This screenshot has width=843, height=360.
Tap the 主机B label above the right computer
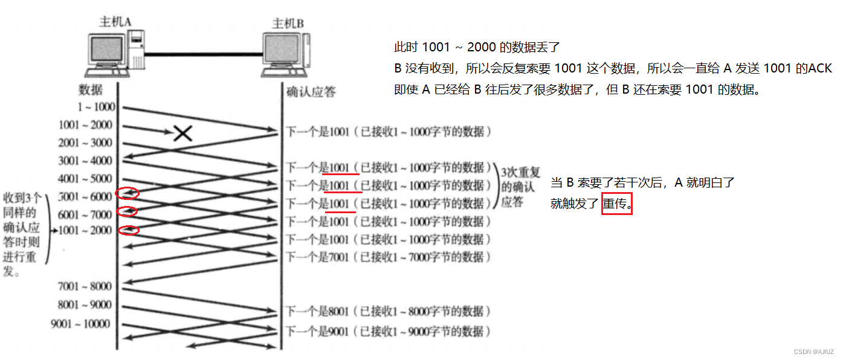click(x=288, y=24)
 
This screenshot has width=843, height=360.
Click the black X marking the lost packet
click(x=182, y=133)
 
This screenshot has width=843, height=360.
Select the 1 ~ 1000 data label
click(x=95, y=108)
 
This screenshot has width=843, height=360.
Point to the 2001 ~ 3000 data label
click(x=85, y=143)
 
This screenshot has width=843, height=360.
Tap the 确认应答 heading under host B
click(x=311, y=92)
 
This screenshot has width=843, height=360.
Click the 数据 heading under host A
click(x=90, y=90)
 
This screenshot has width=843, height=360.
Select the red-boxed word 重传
click(x=616, y=204)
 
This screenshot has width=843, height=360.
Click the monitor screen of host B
click(x=282, y=51)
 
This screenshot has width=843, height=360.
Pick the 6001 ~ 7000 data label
click(x=85, y=215)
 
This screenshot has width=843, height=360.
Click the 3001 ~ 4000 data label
click(x=85, y=161)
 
